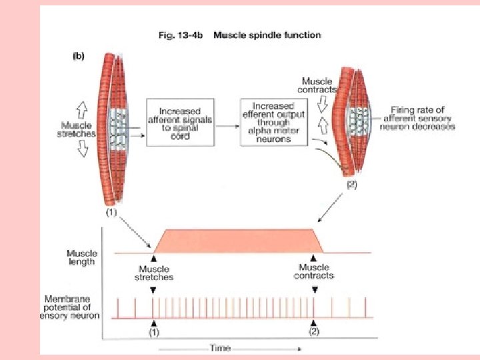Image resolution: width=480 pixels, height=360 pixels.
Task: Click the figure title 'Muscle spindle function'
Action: click(x=267, y=35)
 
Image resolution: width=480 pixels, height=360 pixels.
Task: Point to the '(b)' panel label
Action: click(x=78, y=56)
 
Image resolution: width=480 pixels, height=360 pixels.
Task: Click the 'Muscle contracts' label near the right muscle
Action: click(x=318, y=85)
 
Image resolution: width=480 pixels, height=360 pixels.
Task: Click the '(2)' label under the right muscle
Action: click(x=351, y=186)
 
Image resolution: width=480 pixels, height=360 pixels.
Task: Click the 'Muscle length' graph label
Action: click(x=82, y=257)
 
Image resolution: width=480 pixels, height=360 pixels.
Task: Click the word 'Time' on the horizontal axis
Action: click(x=220, y=348)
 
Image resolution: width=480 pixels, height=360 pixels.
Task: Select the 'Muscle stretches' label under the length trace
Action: click(x=154, y=273)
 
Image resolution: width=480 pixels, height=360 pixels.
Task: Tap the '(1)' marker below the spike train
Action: click(x=154, y=331)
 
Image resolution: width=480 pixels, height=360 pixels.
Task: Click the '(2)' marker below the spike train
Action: click(x=314, y=331)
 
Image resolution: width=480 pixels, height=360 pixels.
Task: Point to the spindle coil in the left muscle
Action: click(x=121, y=127)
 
